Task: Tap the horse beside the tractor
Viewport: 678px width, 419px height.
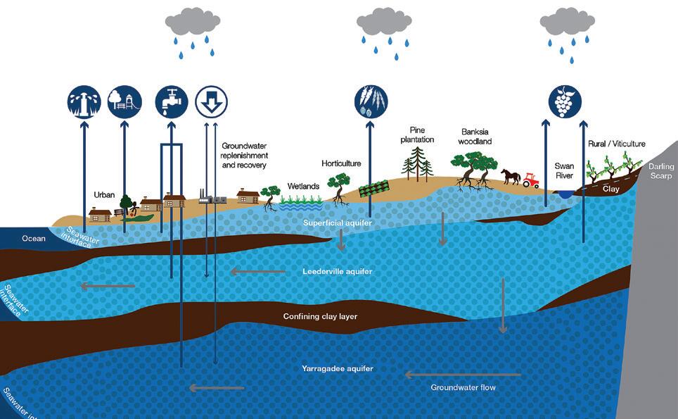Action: [511, 176]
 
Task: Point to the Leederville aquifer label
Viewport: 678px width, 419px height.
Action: [338, 271]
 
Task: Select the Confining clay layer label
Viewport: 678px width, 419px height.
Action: [320, 316]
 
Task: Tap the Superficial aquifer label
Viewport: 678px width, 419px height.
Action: [337, 223]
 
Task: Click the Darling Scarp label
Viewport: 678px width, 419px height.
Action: [661, 171]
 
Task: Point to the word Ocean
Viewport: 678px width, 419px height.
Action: [33, 239]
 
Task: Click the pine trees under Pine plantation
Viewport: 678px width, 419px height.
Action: [418, 160]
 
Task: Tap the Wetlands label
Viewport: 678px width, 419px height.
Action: [303, 186]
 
